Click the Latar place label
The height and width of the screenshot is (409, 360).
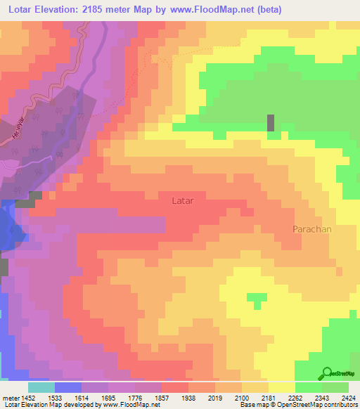[182, 200]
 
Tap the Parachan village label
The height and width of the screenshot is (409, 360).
[311, 229]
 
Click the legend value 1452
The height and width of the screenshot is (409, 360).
[29, 397]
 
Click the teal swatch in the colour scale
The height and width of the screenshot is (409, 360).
[41, 387]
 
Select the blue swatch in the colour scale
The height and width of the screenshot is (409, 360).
[68, 387]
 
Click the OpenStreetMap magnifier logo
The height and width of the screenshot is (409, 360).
[327, 373]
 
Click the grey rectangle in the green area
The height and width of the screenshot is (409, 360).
[271, 122]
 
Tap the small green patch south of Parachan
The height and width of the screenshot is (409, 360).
[257, 299]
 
